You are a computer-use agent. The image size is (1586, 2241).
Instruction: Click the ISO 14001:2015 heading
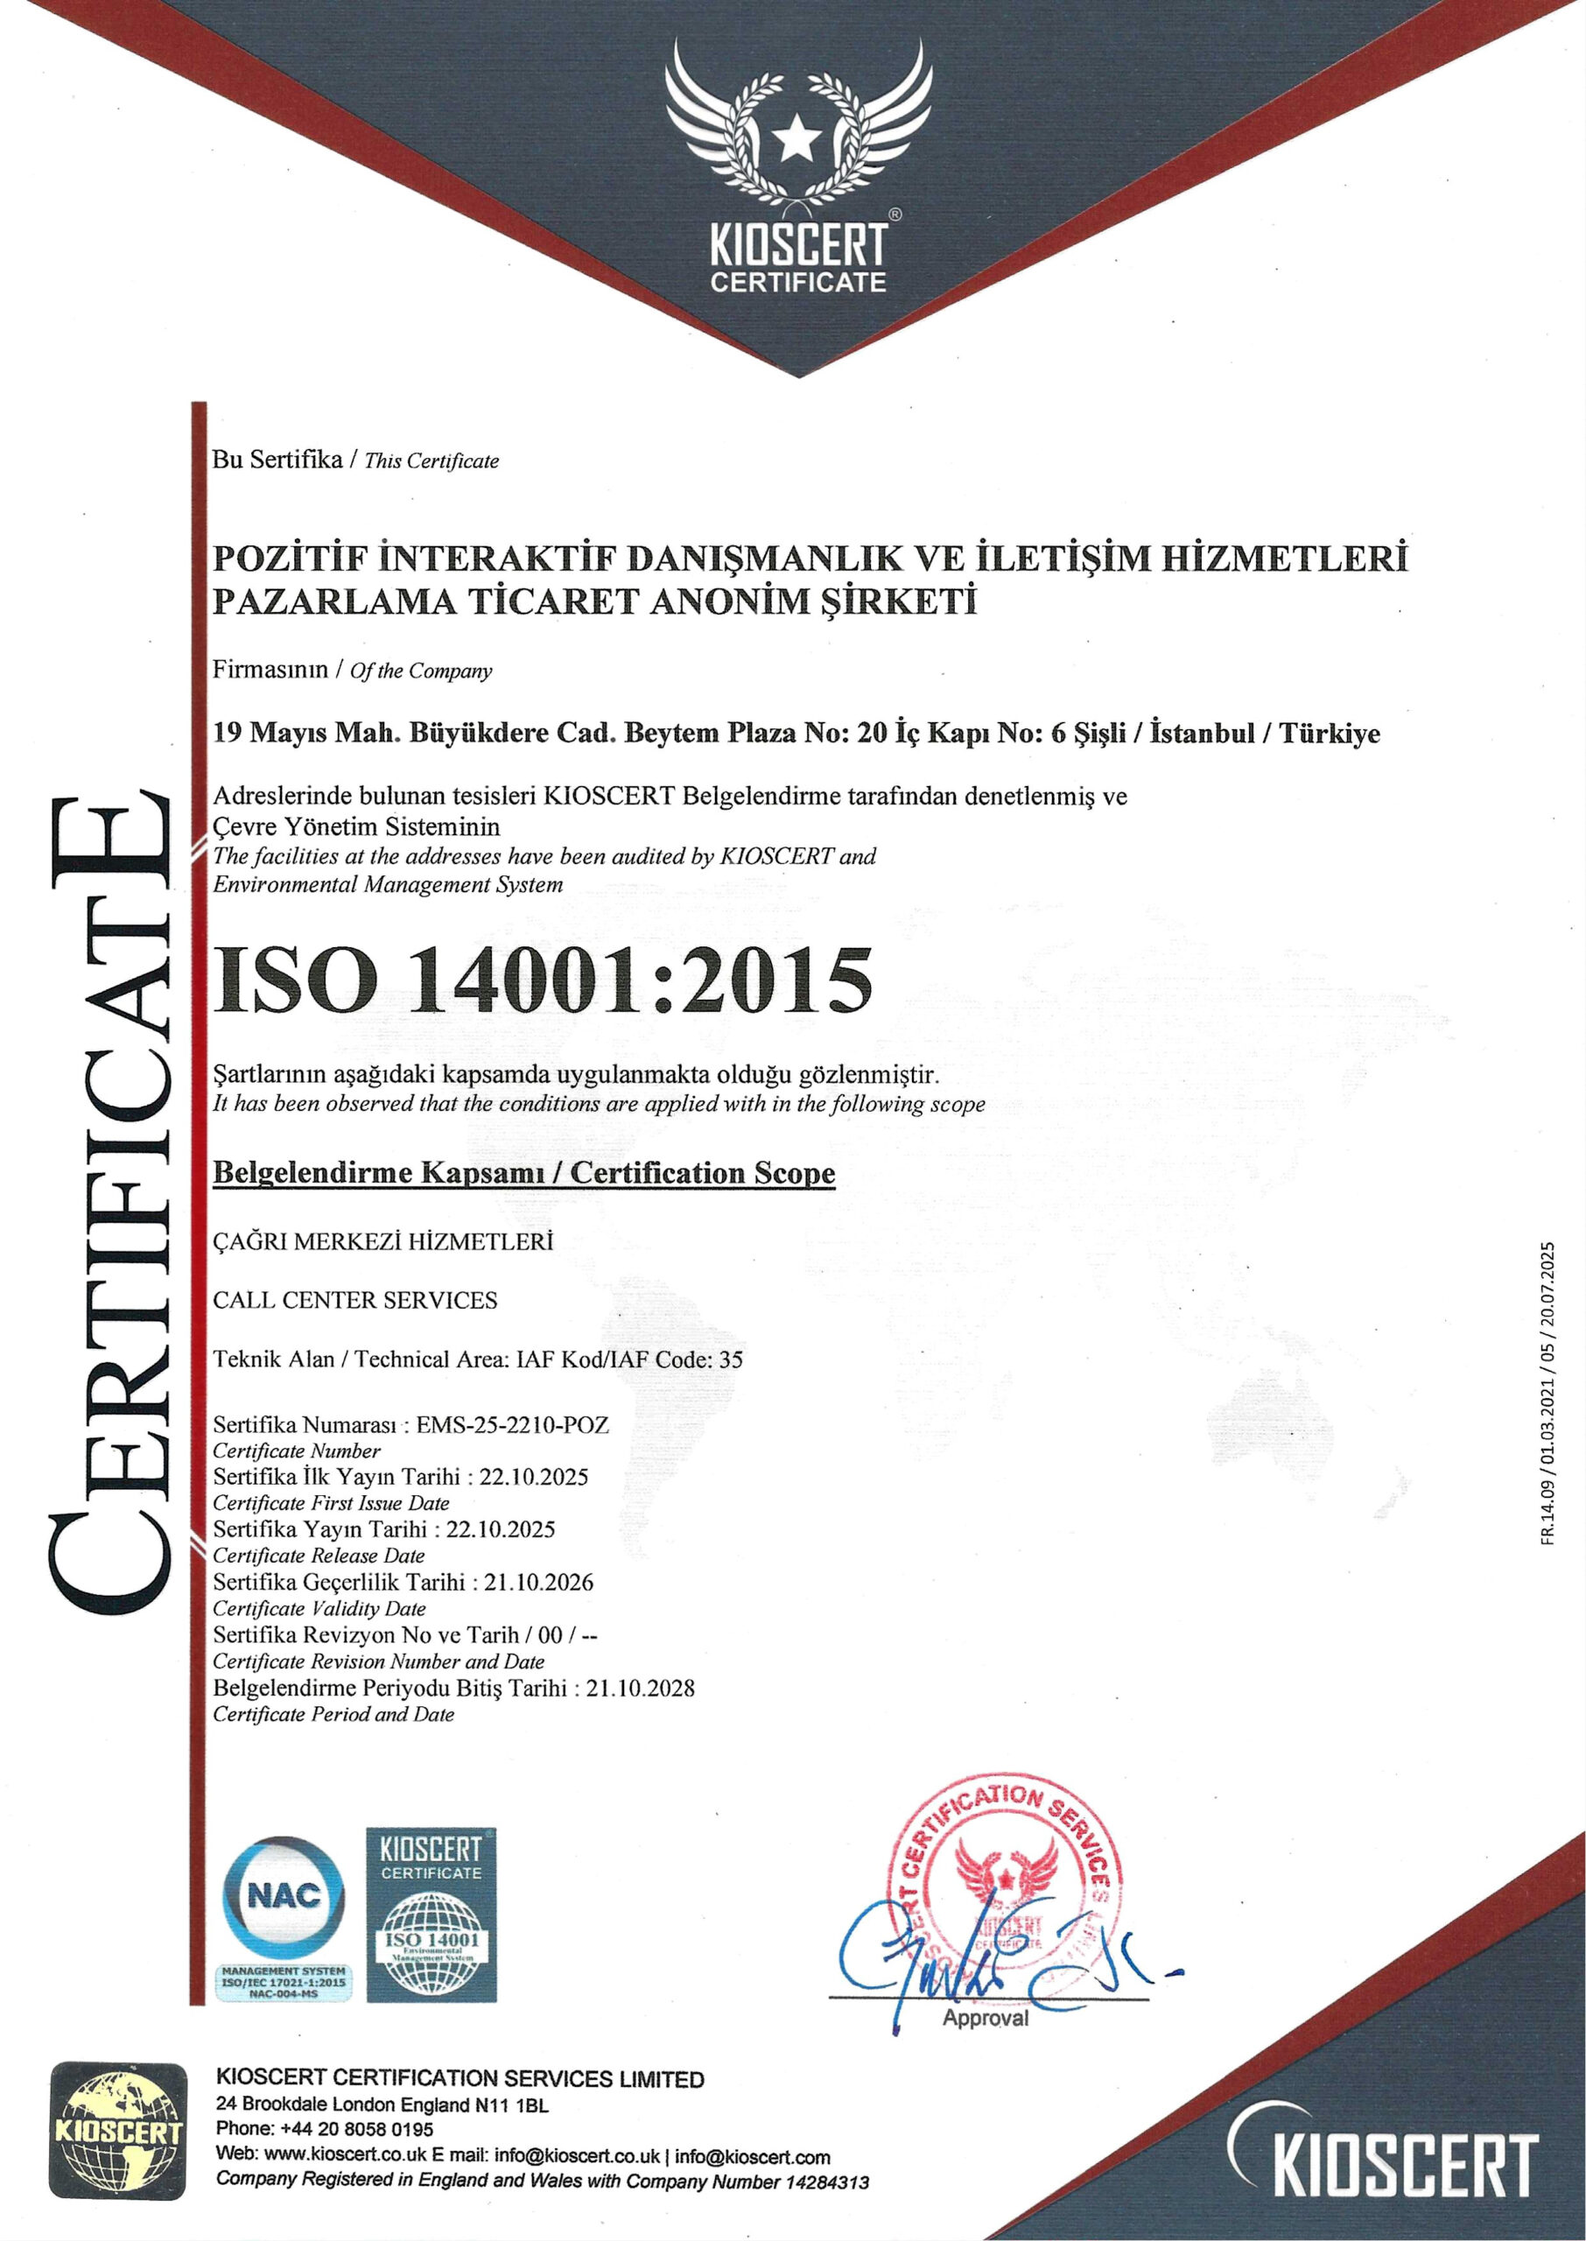(x=543, y=980)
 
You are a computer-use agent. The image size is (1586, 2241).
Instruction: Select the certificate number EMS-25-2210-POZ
(x=513, y=1424)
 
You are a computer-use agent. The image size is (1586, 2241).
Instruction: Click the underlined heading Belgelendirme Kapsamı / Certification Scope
(x=524, y=1173)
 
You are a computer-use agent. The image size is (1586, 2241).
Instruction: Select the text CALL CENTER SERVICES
(x=355, y=1301)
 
